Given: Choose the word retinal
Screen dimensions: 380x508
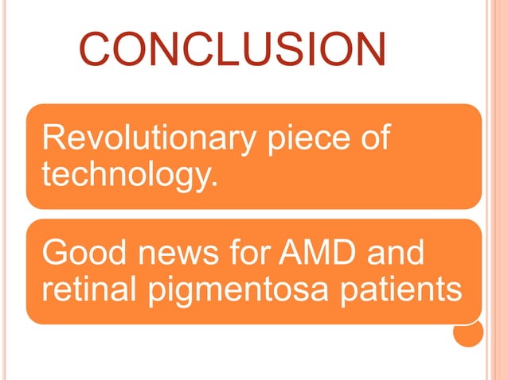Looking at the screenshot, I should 88,289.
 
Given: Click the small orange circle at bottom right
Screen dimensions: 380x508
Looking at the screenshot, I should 467,332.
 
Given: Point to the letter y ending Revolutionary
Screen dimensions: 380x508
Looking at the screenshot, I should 244,143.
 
